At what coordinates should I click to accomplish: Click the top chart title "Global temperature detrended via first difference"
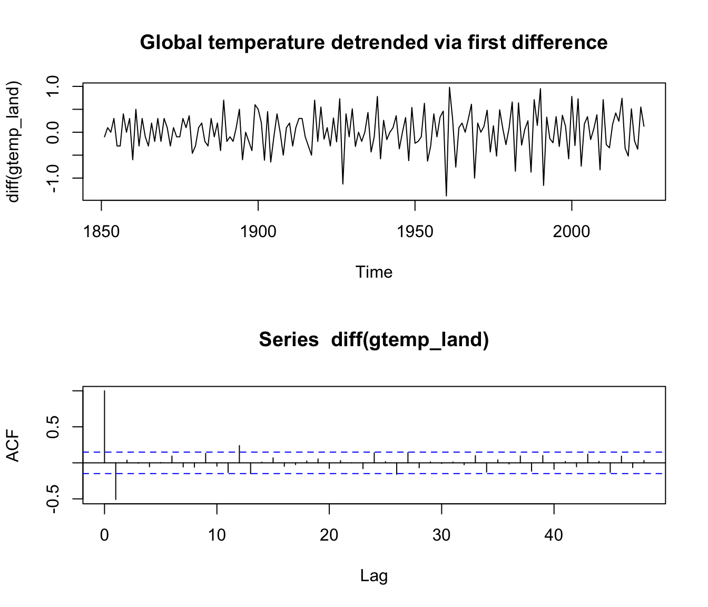373,42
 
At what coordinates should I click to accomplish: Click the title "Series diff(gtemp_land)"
373,340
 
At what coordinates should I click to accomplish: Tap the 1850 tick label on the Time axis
101,231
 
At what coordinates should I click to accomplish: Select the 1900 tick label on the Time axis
258,231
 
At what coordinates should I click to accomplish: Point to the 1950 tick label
415,231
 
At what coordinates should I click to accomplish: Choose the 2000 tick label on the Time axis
572,231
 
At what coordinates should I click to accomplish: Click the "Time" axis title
373,272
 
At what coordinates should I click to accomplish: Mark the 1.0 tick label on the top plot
54,86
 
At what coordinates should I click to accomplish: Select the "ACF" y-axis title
13,446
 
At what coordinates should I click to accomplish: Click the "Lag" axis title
373,575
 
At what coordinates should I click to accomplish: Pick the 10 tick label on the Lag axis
217,535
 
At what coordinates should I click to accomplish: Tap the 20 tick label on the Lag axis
329,535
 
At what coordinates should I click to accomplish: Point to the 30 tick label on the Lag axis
441,535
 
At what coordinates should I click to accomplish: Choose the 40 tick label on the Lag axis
554,535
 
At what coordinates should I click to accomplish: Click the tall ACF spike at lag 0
105,422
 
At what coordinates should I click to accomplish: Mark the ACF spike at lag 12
239,453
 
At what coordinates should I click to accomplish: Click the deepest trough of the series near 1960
446,195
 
